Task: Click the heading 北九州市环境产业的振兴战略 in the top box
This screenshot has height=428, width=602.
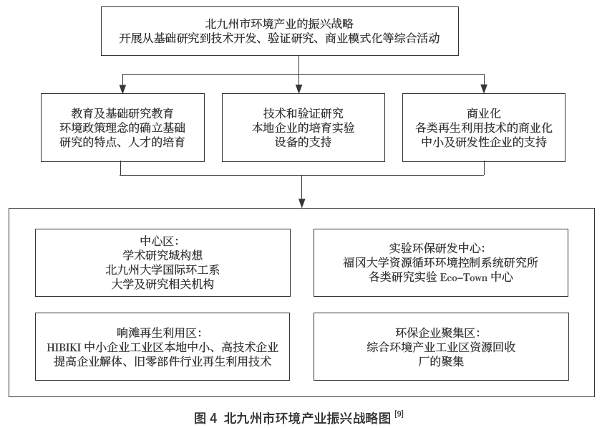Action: [299, 24]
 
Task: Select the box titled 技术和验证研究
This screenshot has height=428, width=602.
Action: [303, 128]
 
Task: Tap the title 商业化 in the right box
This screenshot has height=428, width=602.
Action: [484, 113]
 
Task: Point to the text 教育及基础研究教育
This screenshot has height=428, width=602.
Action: [122, 113]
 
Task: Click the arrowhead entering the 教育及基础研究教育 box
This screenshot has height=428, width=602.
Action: [122, 89]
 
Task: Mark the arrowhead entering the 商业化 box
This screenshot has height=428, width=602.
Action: [484, 89]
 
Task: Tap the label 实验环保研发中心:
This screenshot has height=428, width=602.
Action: [442, 248]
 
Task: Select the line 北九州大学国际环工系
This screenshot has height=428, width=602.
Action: [162, 270]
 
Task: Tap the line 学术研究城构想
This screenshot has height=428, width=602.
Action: [162, 255]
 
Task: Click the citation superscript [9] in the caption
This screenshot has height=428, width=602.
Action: [399, 414]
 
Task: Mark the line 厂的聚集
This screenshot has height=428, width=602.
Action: [441, 362]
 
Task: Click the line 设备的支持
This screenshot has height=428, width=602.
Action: [303, 143]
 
